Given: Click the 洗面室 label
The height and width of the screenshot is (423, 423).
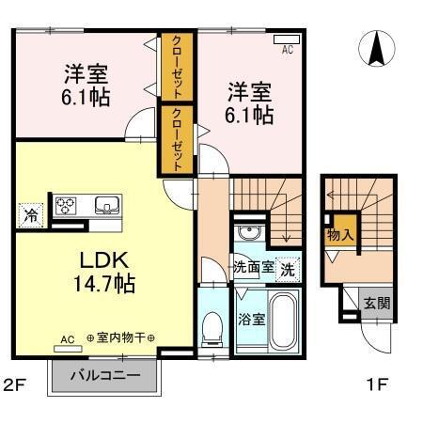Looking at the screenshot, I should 254,267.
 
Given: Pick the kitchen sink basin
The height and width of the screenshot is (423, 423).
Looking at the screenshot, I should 106,204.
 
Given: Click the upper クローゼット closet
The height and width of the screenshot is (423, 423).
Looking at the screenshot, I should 177,67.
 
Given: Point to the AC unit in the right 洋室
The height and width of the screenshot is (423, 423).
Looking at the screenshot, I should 283,41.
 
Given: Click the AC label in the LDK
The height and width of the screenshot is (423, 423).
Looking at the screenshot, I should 67,339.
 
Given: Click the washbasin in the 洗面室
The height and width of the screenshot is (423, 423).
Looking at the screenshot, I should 249,235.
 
